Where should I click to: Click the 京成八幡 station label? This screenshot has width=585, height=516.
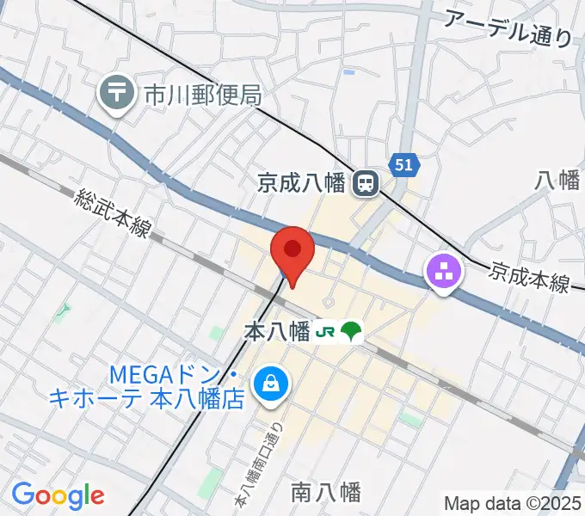(300, 182)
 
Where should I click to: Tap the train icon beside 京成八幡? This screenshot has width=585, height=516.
(366, 182)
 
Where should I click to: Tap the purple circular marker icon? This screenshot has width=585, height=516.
(444, 274)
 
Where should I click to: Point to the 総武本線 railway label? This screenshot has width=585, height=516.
(113, 214)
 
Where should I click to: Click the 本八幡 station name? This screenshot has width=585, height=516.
(276, 331)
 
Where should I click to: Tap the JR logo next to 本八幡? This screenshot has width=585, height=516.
(324, 331)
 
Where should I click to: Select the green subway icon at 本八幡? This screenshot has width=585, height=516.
(351, 331)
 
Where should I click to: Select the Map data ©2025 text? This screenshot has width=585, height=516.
(512, 503)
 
